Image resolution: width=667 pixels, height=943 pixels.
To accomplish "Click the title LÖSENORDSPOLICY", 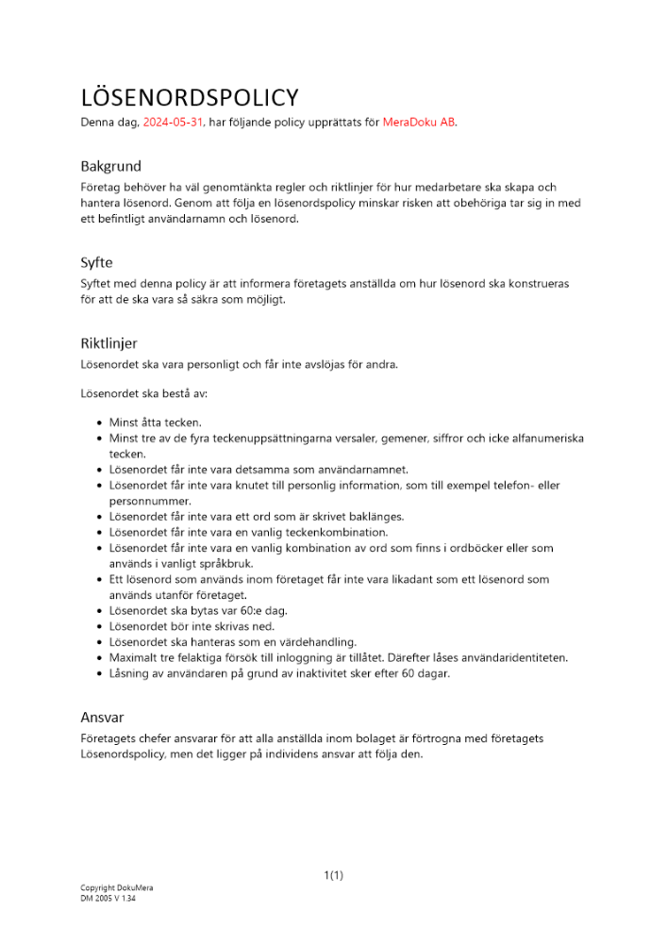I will [x=190, y=97].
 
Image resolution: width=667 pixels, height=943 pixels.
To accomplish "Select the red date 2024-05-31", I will [x=173, y=122].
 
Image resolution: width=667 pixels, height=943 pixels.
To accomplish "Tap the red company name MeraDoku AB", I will [x=419, y=122].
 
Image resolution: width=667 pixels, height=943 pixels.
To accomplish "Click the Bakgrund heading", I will [x=110, y=166].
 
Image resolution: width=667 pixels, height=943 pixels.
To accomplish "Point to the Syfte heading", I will [x=96, y=262].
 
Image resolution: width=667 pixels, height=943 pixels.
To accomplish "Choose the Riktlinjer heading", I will [x=108, y=343].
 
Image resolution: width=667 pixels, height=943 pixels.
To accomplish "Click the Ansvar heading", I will [x=103, y=717].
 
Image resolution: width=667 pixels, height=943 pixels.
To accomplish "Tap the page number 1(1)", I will [x=333, y=875].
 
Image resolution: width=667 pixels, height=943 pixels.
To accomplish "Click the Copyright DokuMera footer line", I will [x=116, y=887].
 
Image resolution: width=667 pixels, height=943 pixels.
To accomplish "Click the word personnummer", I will [x=151, y=501].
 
